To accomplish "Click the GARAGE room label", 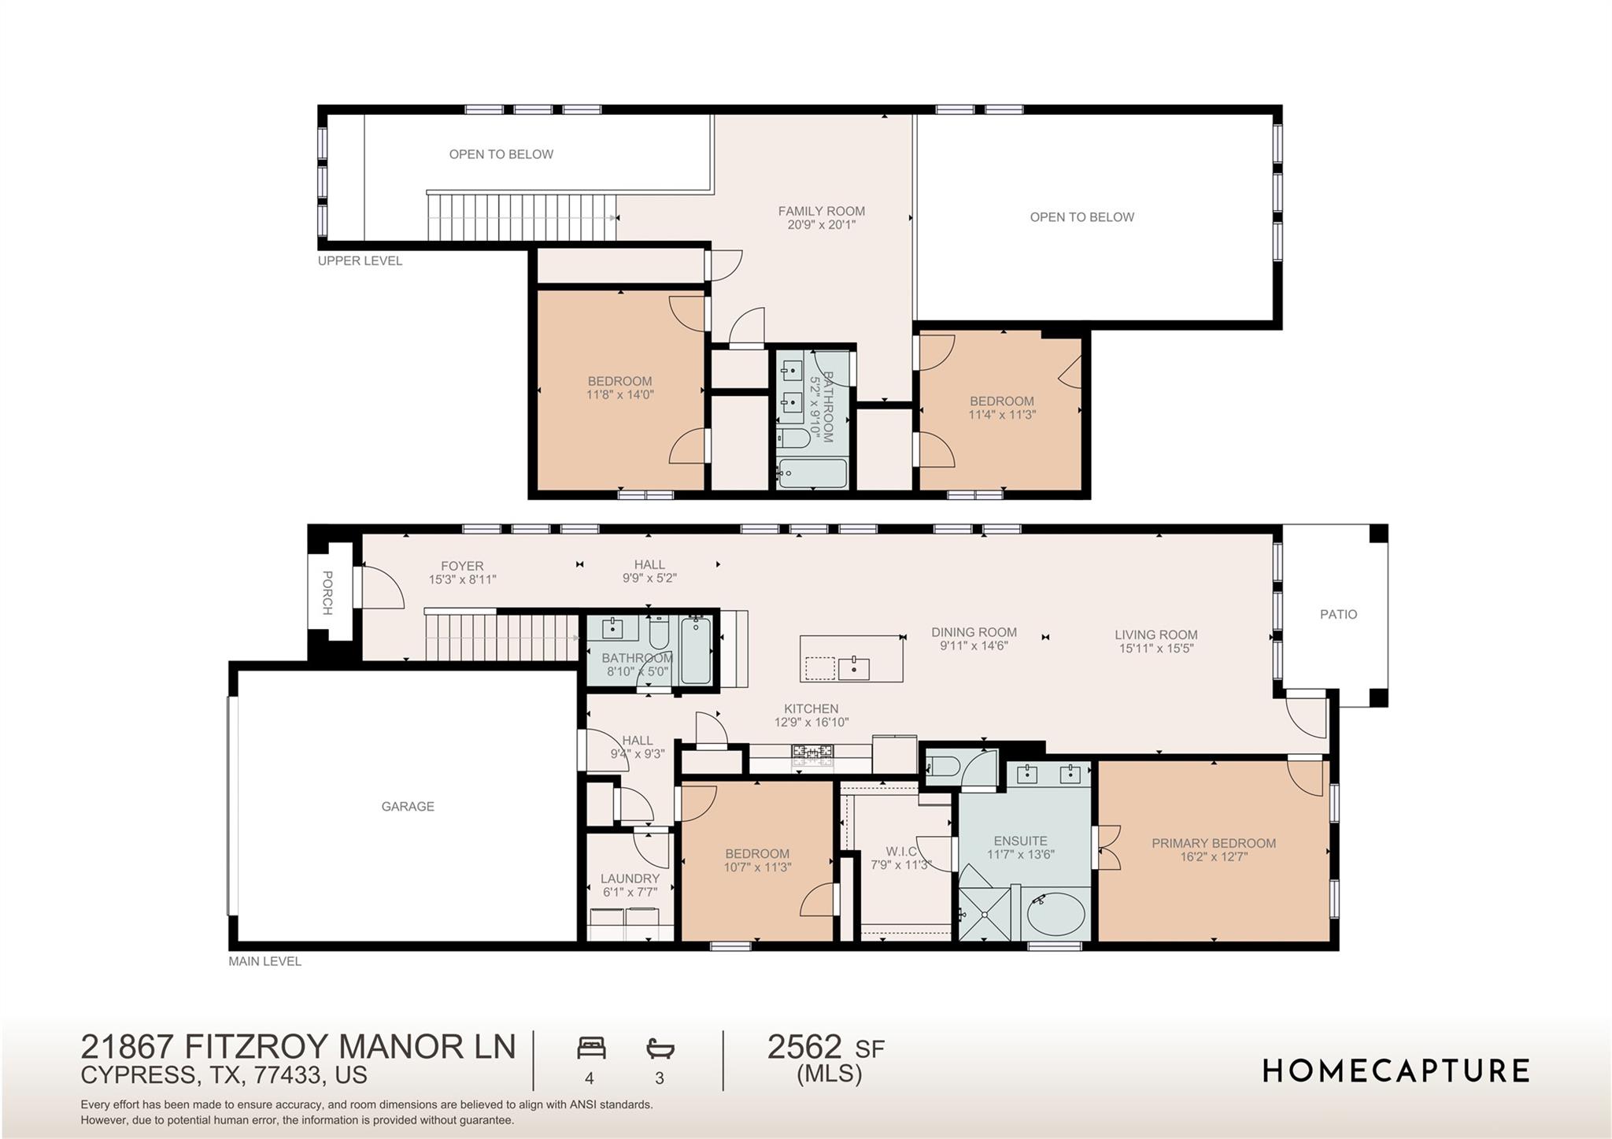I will pos(407,806).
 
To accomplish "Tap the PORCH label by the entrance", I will pos(327,593).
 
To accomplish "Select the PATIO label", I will pos(1338,614).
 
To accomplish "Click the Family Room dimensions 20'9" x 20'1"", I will pos(821,225).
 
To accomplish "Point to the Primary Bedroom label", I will pos(1213,843).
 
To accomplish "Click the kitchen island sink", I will pos(853,668).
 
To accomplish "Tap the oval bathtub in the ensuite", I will pos(1056,914).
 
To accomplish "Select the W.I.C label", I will pos(900,851).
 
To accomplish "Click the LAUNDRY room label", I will pos(630,878).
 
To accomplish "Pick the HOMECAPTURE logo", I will pos(1396,1071).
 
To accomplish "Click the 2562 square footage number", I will pos(804,1047).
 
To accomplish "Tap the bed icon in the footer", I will pos(591,1048).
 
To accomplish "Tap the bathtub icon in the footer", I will pos(660,1048).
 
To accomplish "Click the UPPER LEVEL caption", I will pos(360,261).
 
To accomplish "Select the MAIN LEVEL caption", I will pos(264,961).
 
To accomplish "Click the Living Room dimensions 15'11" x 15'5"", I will pos(1155,649).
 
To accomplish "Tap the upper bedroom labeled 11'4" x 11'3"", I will pos(1001,408).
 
